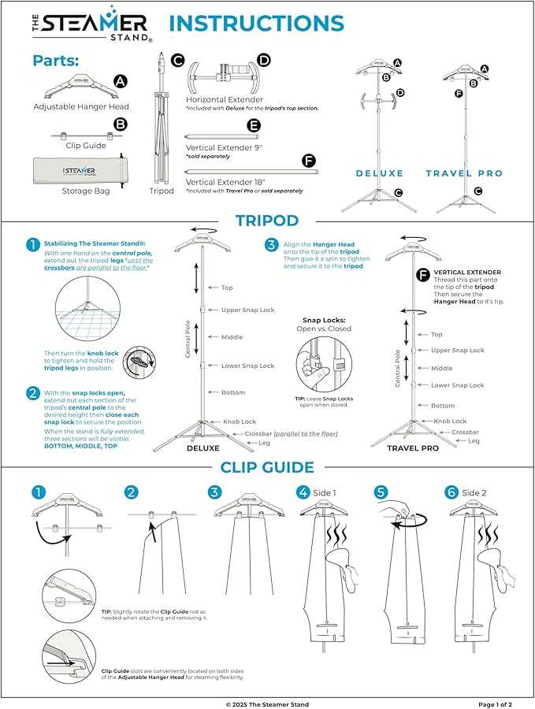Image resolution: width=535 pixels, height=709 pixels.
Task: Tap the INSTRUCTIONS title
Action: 257,24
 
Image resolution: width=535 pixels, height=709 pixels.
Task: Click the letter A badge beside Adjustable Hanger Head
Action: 120,81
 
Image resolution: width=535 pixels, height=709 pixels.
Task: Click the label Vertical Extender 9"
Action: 223,147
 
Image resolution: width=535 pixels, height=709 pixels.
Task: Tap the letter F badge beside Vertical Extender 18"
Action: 308,162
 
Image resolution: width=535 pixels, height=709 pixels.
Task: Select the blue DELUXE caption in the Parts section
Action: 379,173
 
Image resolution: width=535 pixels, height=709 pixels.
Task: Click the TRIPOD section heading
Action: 267,221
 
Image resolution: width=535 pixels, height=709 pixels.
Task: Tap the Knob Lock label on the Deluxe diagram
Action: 239,422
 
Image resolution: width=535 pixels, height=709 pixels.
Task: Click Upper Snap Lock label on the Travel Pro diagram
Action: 457,350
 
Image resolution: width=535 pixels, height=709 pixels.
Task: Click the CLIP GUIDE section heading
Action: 267,467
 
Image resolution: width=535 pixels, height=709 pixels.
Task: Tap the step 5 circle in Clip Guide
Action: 381,492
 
